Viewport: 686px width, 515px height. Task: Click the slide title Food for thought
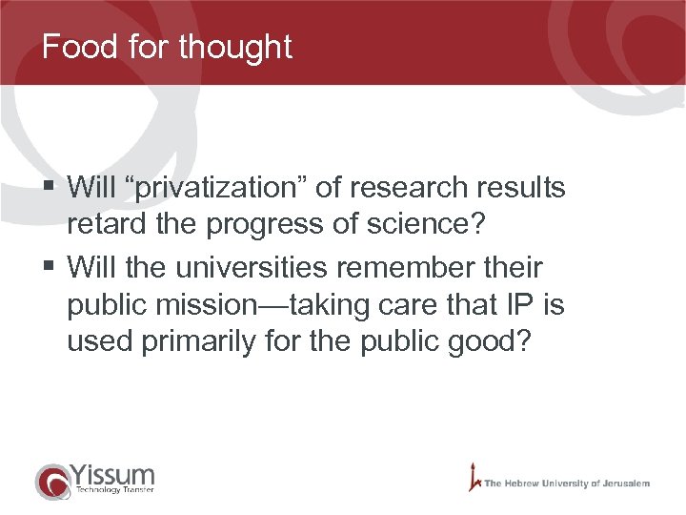pyautogui.click(x=167, y=47)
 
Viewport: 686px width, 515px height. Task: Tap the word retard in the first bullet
pyautogui.click(x=98, y=225)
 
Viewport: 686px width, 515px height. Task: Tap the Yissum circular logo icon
pyautogui.click(x=53, y=481)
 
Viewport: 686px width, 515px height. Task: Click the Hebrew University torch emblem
pyautogui.click(x=474, y=478)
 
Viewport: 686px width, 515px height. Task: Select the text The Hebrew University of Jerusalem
pyautogui.click(x=567, y=484)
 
